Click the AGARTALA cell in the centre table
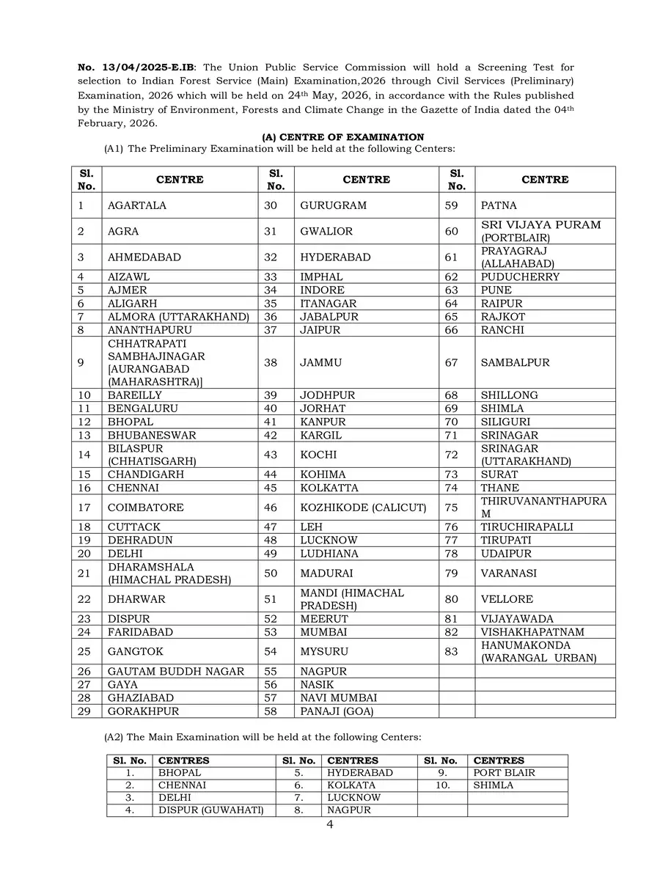(137, 205)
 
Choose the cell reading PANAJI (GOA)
(335, 711)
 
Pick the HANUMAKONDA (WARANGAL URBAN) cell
(539, 651)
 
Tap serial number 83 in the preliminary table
(452, 651)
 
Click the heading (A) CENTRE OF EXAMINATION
(343, 137)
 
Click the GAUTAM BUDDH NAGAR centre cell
(176, 671)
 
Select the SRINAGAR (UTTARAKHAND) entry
(526, 455)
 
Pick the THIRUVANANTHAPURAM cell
(543, 507)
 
